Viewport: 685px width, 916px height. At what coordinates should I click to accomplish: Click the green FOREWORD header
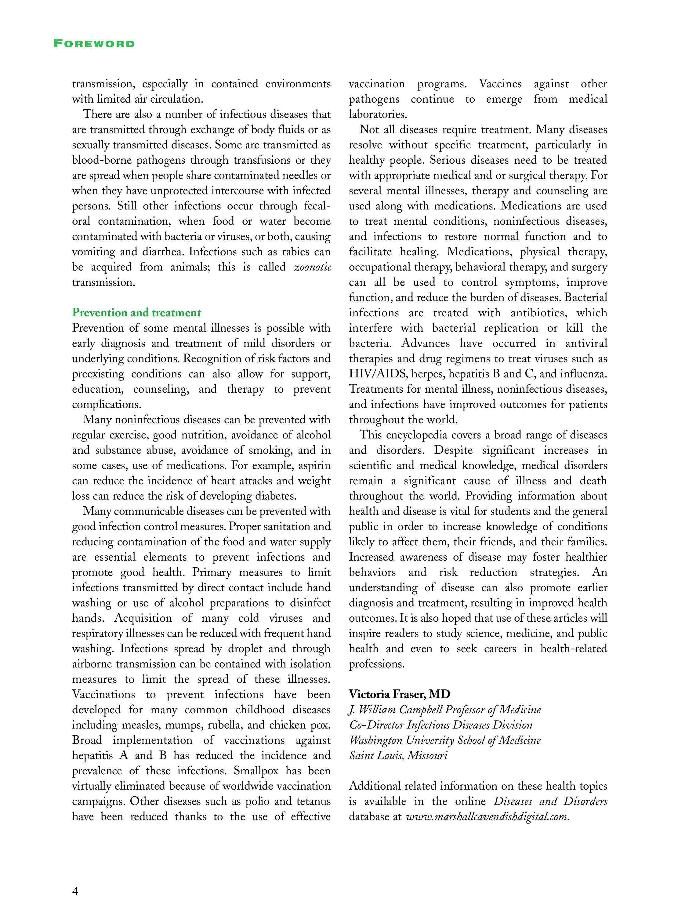coord(94,43)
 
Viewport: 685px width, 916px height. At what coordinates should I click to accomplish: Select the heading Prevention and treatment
coord(136,313)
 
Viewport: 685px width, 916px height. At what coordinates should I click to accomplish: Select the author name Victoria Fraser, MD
coord(399,694)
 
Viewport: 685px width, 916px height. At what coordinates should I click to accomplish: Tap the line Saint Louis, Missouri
coord(398,755)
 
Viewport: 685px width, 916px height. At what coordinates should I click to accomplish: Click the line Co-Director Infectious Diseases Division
coord(441,725)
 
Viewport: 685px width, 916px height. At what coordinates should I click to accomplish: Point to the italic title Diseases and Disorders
coord(550,801)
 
